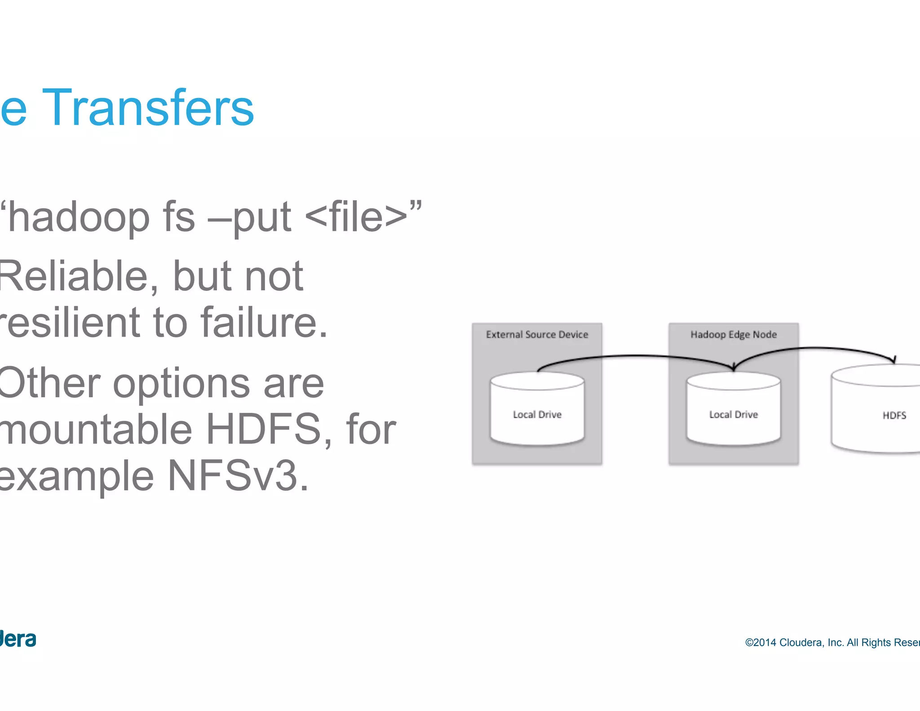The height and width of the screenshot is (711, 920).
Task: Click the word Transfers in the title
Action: click(x=148, y=108)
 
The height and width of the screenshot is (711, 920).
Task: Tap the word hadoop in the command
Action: click(x=79, y=218)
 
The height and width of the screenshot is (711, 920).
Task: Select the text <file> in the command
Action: click(x=356, y=217)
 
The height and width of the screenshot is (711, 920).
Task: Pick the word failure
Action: click(x=264, y=322)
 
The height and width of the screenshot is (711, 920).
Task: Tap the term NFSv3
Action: click(x=238, y=476)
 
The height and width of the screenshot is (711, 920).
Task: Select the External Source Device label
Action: click(x=537, y=334)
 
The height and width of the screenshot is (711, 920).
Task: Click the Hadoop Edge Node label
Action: click(x=733, y=334)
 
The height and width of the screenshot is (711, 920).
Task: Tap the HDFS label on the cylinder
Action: click(x=894, y=415)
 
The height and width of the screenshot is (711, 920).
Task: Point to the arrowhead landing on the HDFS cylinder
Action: click(x=893, y=360)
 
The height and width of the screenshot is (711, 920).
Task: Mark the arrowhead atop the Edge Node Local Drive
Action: click(x=734, y=367)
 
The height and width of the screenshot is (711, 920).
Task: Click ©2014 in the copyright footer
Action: click(x=761, y=643)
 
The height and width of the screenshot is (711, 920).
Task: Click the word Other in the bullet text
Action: click(x=50, y=383)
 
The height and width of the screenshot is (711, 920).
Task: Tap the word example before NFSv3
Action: click(x=76, y=476)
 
